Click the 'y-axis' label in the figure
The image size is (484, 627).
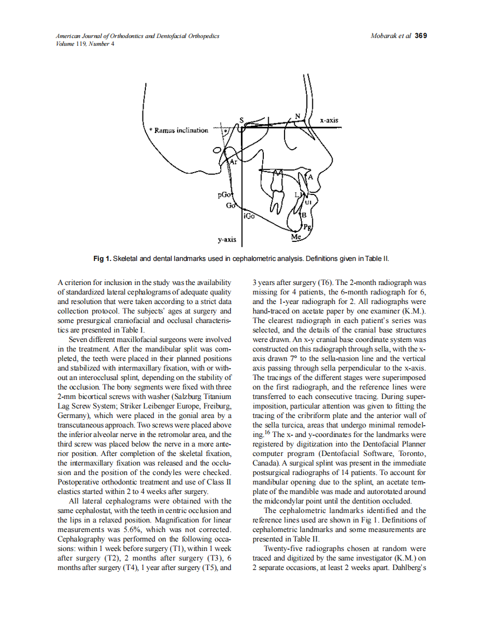tap(226, 240)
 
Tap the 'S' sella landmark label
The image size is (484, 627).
tap(241, 120)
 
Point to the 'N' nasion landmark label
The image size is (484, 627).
tap(298, 116)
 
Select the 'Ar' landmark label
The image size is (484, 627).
tap(234, 162)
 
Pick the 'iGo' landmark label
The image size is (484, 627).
tap(249, 215)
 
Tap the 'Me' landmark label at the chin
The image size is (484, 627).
tap(296, 237)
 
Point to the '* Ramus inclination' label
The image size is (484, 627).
tap(178, 130)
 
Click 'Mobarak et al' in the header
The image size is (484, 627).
tap(391, 36)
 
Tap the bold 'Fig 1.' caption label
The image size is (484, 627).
tap(102, 258)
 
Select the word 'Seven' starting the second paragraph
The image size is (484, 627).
tap(79, 339)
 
